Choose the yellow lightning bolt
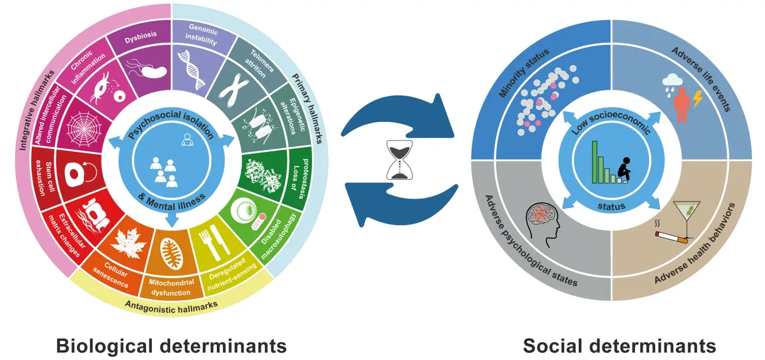(x=698, y=99)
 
